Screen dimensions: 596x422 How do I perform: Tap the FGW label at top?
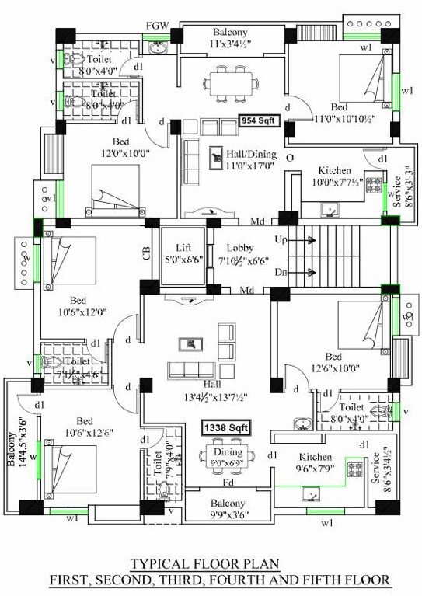click(x=156, y=25)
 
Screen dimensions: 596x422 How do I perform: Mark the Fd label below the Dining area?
click(x=228, y=483)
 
